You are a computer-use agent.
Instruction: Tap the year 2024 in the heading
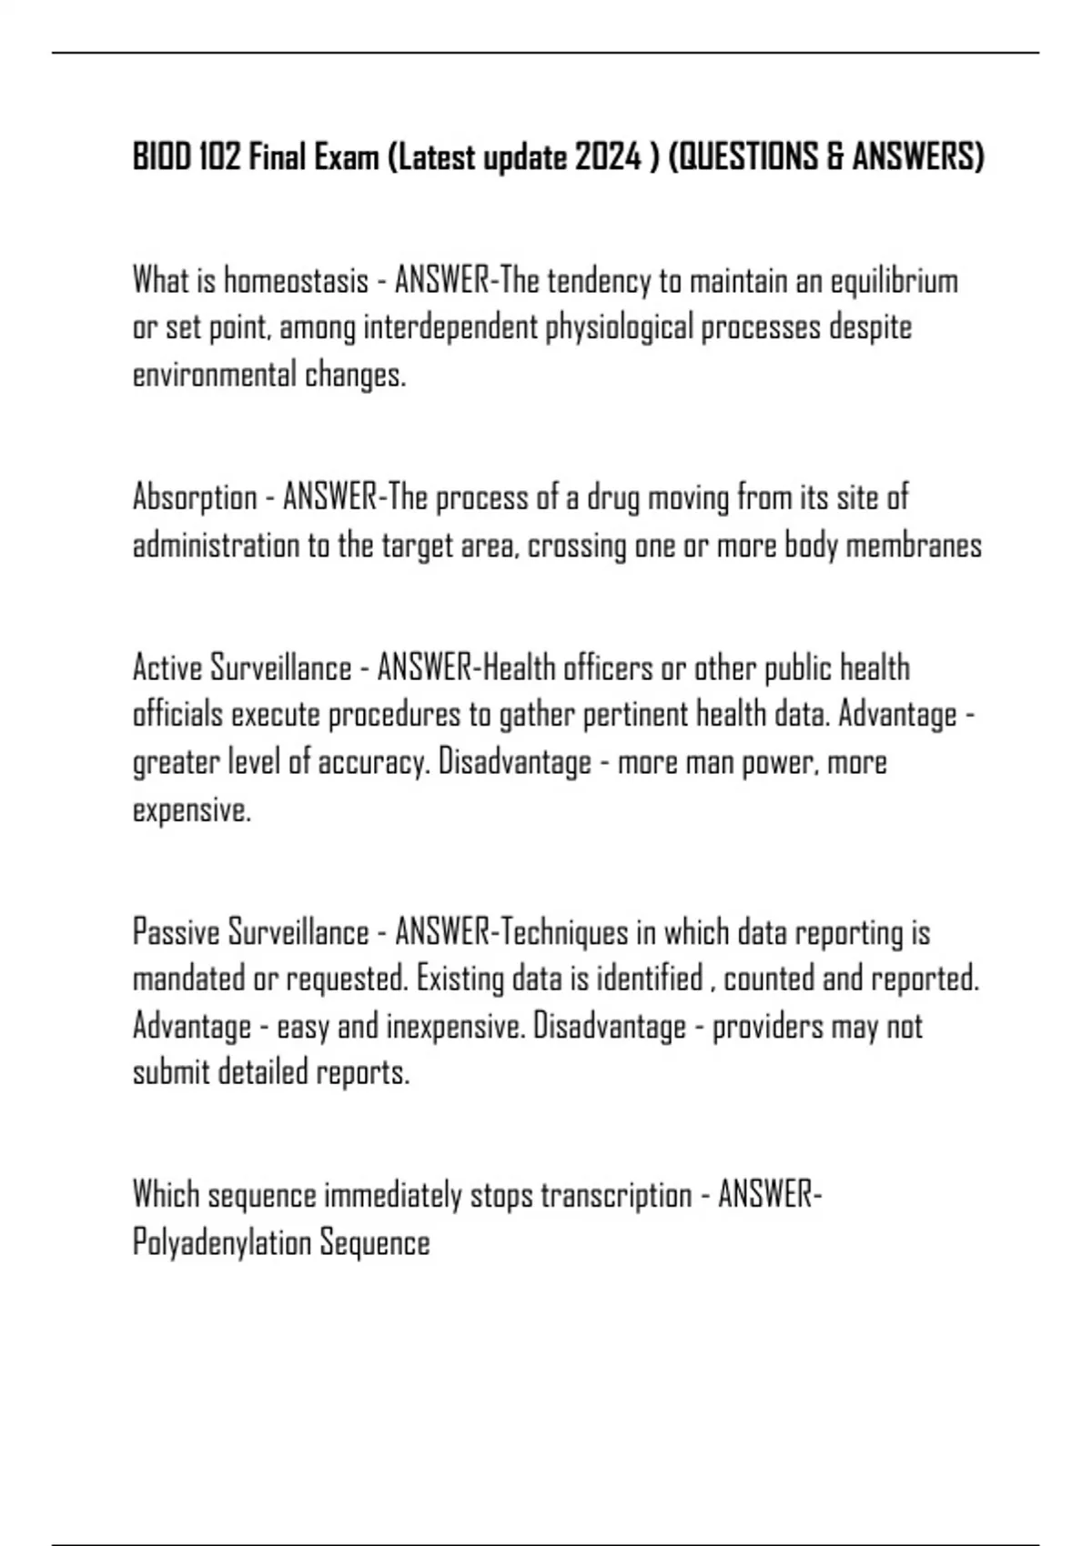point(608,158)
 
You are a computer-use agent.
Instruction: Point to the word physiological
point(619,328)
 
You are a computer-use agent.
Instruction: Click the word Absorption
point(195,498)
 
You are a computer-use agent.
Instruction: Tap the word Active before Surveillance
point(167,668)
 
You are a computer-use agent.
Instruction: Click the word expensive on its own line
point(191,810)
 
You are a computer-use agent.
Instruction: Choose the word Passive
point(174,933)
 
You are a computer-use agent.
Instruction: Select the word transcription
point(616,1195)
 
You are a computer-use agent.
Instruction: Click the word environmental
point(215,376)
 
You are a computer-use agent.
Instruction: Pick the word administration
point(216,546)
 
